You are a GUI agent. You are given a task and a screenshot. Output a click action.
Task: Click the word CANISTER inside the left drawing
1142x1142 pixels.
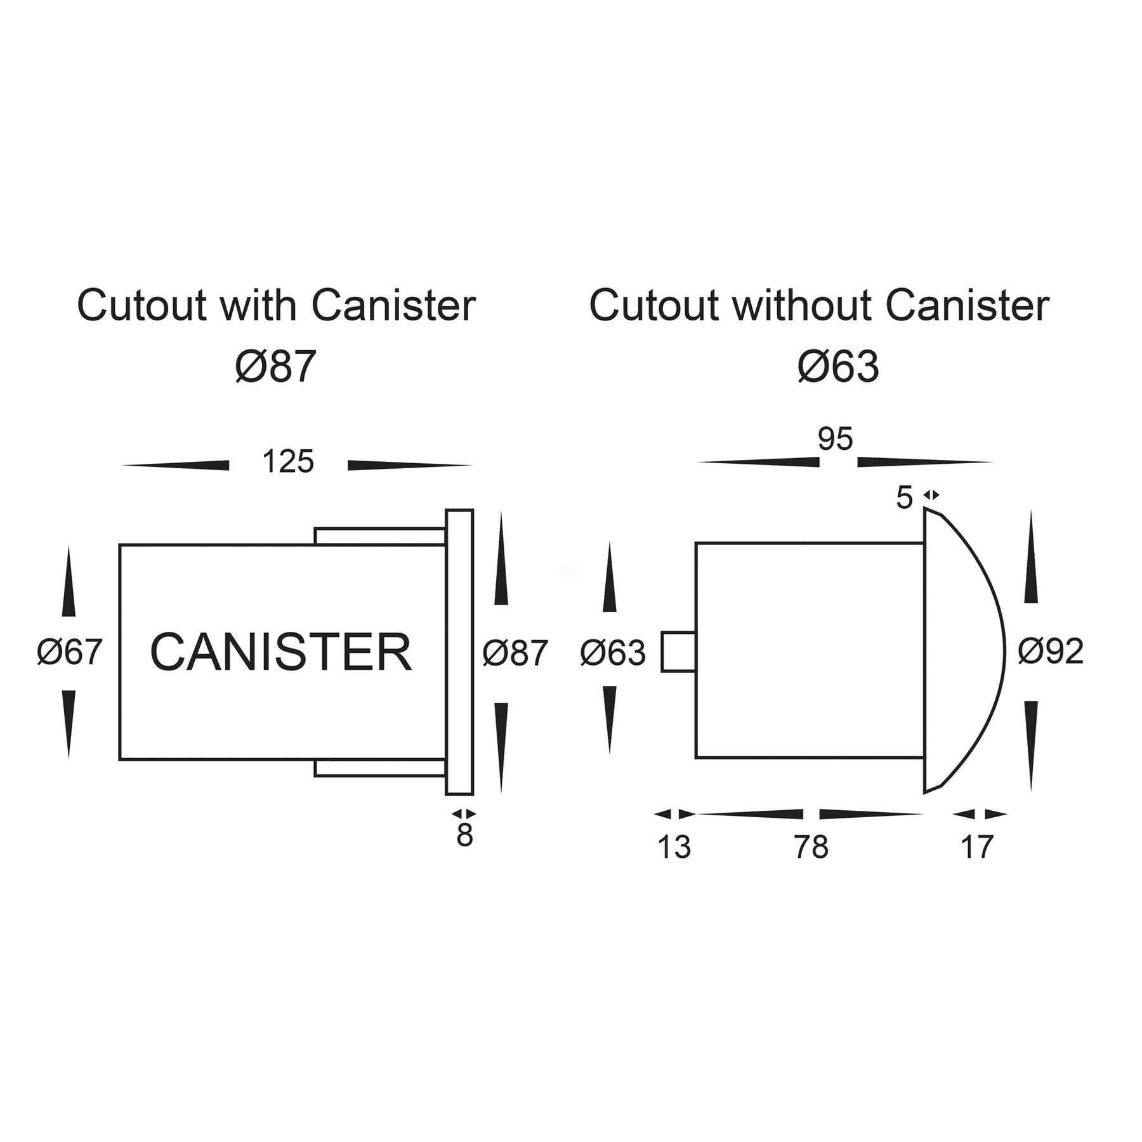pyautogui.click(x=280, y=652)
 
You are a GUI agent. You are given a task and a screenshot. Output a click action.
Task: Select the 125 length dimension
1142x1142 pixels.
pyautogui.click(x=287, y=463)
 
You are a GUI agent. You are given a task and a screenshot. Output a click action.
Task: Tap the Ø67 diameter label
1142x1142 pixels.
pyautogui.click(x=70, y=652)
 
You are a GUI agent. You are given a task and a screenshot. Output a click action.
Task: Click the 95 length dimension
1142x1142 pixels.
pyautogui.click(x=835, y=440)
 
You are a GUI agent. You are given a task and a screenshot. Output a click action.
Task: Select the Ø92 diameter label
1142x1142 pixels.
pyautogui.click(x=1050, y=652)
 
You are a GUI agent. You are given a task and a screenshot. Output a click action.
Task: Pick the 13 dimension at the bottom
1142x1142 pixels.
pyautogui.click(x=674, y=847)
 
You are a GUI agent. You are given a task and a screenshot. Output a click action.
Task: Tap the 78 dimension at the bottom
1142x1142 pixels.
pyautogui.click(x=811, y=847)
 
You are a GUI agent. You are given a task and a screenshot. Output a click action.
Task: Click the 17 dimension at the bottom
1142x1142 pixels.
pyautogui.click(x=976, y=847)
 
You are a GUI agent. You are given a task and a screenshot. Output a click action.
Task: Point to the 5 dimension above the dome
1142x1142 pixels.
pyautogui.click(x=904, y=498)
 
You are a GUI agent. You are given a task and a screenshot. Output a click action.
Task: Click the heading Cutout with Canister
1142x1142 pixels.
pyautogui.click(x=276, y=306)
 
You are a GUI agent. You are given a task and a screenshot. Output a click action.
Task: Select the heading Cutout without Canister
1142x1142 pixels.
pyautogui.click(x=819, y=306)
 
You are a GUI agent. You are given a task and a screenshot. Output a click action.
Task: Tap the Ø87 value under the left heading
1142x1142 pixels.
pyautogui.click(x=275, y=367)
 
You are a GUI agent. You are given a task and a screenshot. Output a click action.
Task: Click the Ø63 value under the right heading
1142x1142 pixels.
pyautogui.click(x=838, y=367)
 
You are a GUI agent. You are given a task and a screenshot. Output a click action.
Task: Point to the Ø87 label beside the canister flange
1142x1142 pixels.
pyautogui.click(x=515, y=652)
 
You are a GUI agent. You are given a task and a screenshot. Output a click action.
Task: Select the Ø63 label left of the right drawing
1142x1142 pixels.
pyautogui.click(x=613, y=652)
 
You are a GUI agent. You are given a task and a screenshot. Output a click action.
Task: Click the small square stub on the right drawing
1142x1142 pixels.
pyautogui.click(x=678, y=652)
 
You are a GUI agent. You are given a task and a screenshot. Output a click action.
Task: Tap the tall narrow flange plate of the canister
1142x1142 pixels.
pyautogui.click(x=459, y=652)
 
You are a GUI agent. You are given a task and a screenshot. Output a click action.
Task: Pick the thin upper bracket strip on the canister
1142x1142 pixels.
pyautogui.click(x=379, y=536)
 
